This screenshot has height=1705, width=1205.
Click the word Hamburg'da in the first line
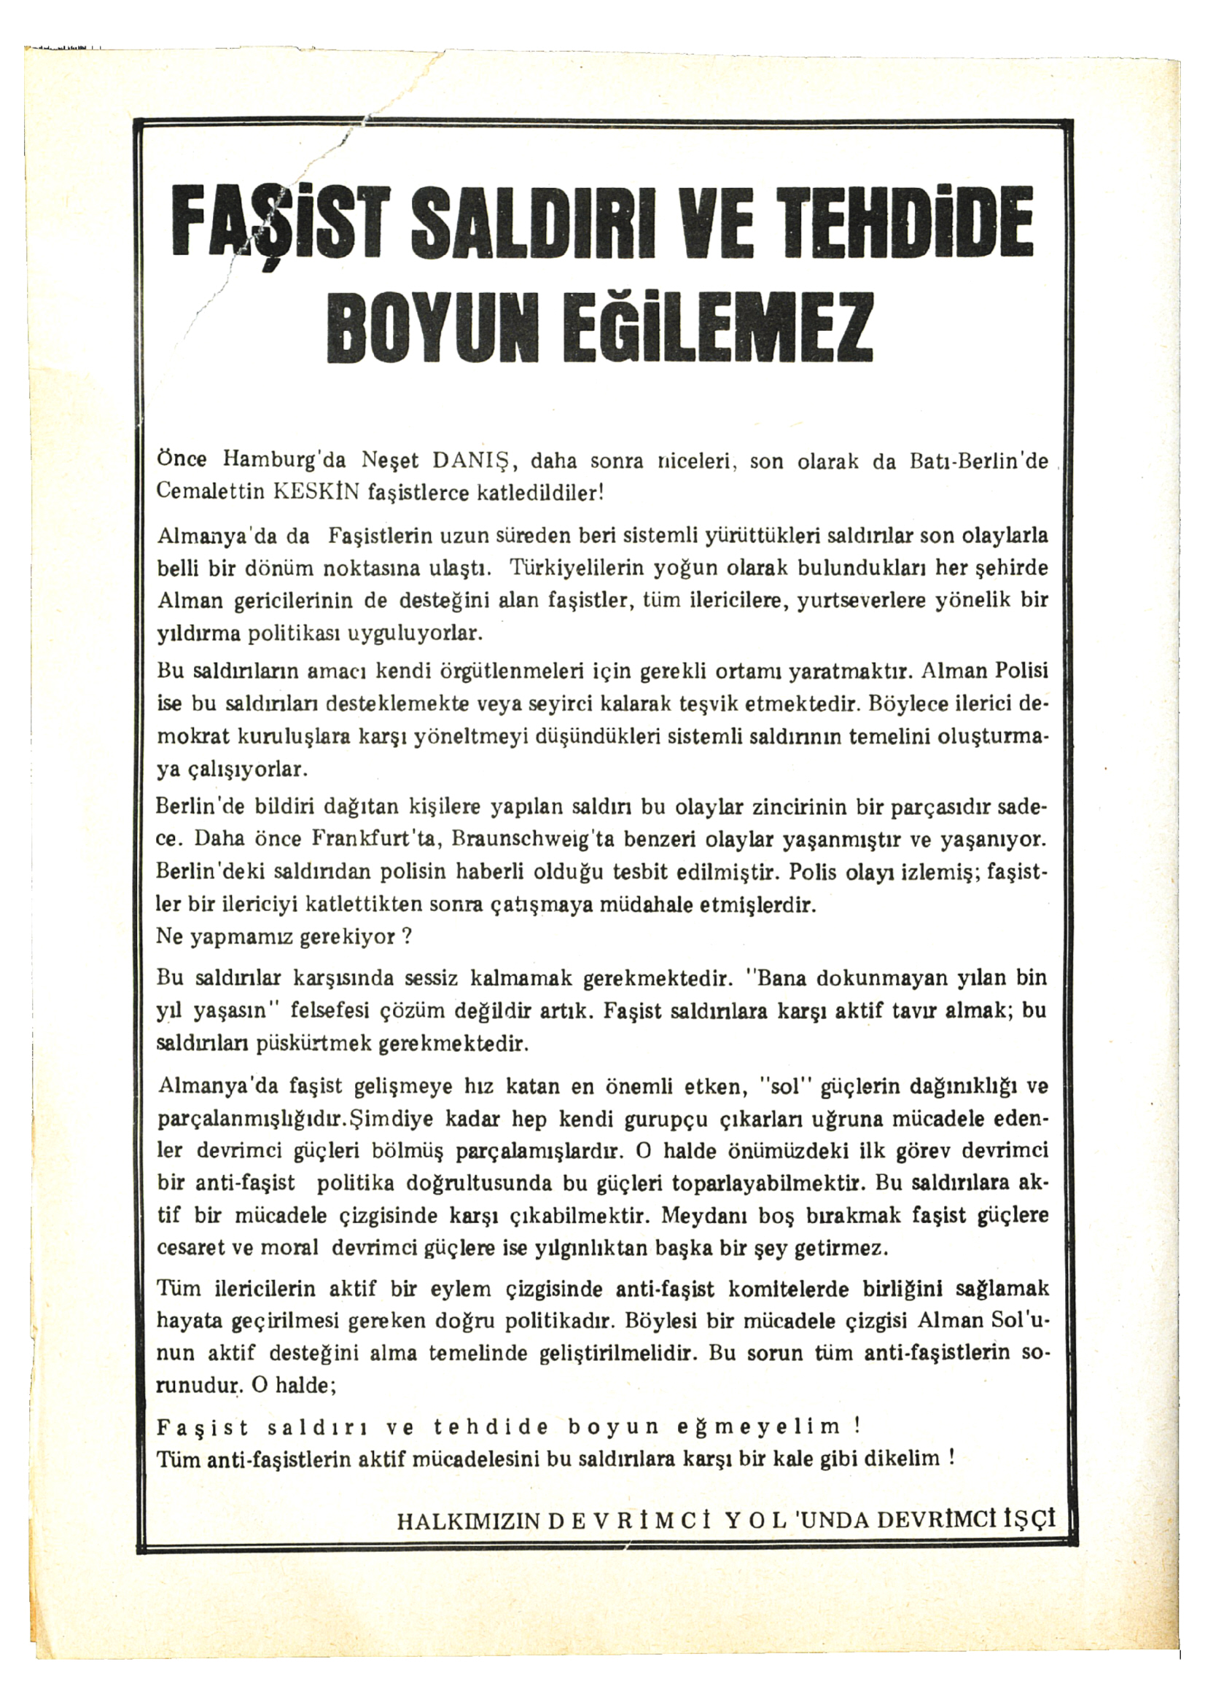click(284, 462)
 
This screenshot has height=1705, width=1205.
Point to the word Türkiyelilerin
click(575, 569)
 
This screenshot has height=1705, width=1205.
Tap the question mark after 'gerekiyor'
click(406, 937)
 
